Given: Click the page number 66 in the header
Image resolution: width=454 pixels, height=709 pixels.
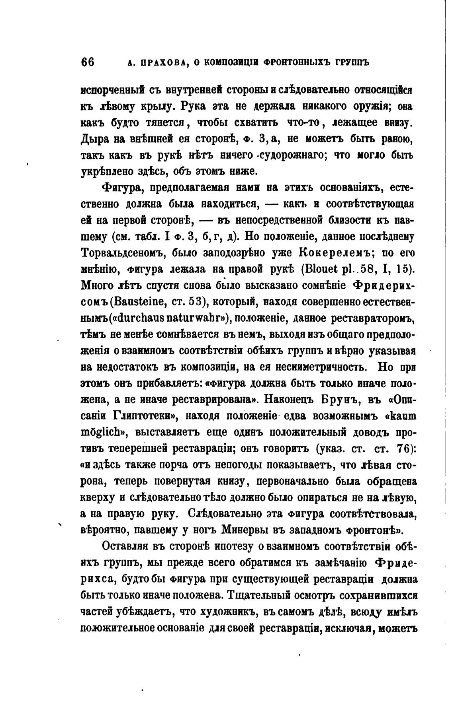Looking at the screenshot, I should pos(88,62).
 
